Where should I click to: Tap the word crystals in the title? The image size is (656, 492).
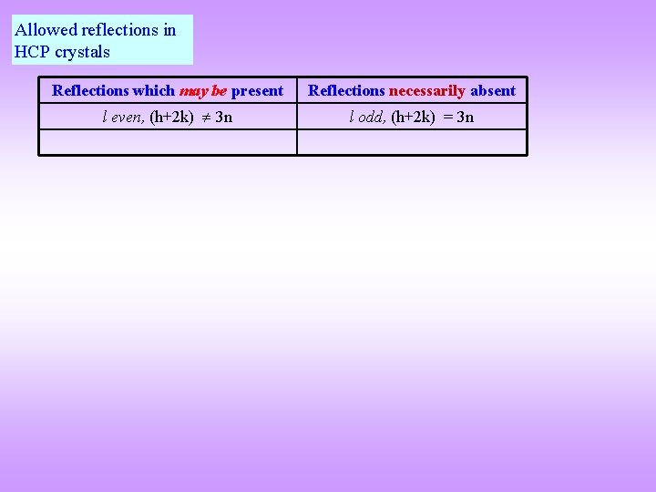(82, 52)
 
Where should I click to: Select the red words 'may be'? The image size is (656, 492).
(203, 90)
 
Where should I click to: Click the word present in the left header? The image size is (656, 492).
(257, 90)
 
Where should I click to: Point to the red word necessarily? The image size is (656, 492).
(427, 90)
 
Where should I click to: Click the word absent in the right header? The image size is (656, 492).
(493, 90)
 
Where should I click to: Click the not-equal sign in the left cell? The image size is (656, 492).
(205, 117)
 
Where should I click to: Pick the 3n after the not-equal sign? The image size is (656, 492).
(223, 117)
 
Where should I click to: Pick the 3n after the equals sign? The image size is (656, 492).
(465, 117)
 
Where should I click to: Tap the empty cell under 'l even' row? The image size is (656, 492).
(168, 142)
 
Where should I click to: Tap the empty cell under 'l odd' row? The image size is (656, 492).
(412, 142)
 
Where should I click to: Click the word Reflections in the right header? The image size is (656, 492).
(346, 90)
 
